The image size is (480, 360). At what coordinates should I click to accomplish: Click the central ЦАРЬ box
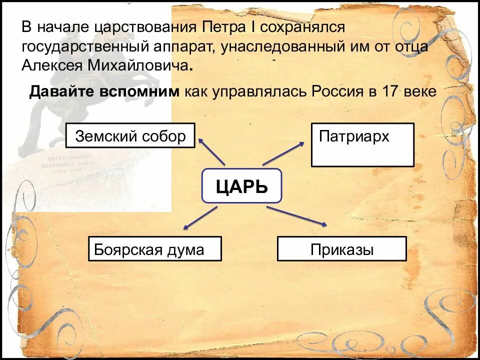pyautogui.click(x=242, y=186)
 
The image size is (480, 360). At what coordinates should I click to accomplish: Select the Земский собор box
pyautogui.click(x=130, y=135)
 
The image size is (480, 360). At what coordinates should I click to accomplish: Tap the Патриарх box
pyautogui.click(x=362, y=144)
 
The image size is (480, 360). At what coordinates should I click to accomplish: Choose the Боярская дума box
pyautogui.click(x=155, y=248)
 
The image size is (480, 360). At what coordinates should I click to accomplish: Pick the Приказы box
pyautogui.click(x=342, y=248)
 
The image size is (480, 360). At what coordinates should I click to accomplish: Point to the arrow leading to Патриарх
pyautogui.click(x=283, y=154)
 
